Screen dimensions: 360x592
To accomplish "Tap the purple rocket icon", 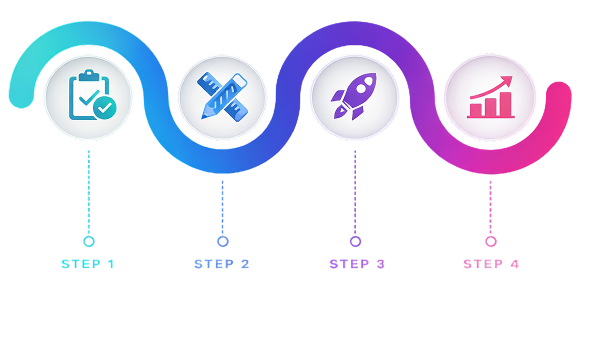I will pos(354,96).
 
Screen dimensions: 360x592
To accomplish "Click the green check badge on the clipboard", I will pos(104,107).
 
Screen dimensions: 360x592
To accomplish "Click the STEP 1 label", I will pos(88,264).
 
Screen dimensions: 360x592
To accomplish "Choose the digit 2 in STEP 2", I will pos(245,264).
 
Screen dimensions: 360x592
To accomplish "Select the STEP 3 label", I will pos(357,264).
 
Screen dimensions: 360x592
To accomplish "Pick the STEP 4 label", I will pos(491,264).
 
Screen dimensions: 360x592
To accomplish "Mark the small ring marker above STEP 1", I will pos(89,241).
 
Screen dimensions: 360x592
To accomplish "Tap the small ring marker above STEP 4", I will pos(491,241).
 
